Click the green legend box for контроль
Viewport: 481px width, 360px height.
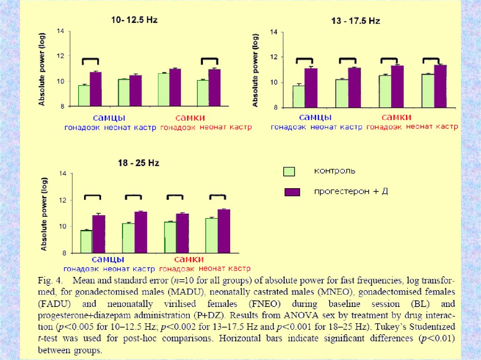point(289,171)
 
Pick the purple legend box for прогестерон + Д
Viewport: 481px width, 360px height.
point(293,192)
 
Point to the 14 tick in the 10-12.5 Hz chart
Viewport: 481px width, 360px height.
point(61,31)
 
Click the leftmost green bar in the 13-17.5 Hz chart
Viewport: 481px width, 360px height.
point(299,96)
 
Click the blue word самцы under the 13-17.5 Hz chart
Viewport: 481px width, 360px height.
point(315,117)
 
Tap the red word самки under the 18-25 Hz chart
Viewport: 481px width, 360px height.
point(188,260)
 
